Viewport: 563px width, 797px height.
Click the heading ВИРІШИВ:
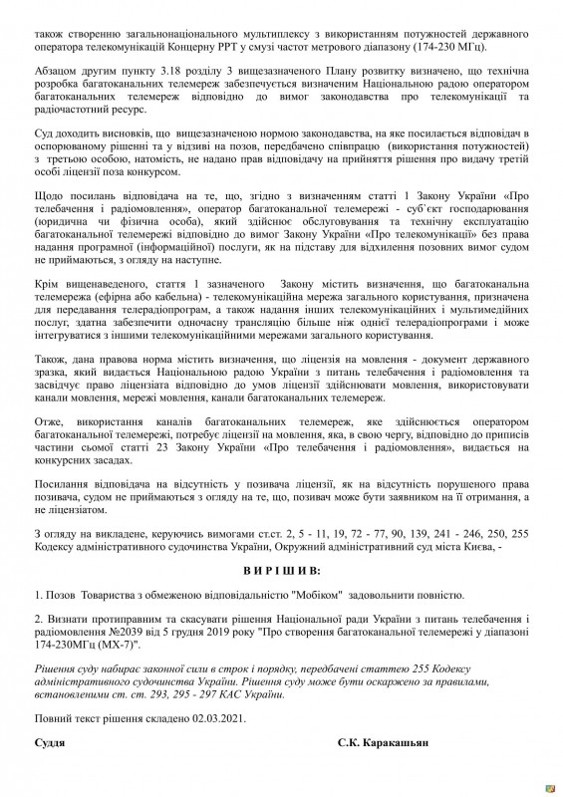tap(281, 572)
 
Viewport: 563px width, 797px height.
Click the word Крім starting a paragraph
tap(50, 313)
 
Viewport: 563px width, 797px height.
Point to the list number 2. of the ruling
tap(39, 618)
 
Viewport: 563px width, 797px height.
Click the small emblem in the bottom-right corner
tap(546, 783)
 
